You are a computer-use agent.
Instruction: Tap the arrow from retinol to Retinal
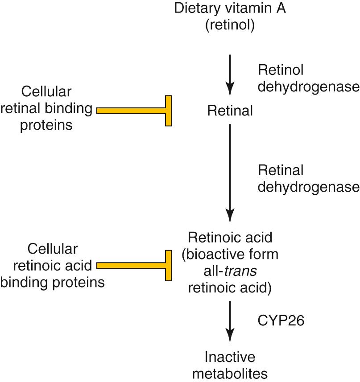click(230, 74)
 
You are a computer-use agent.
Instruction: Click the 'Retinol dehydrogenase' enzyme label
click(308, 78)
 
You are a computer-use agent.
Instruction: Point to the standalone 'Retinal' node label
click(230, 111)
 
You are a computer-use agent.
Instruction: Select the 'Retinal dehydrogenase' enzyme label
click(308, 178)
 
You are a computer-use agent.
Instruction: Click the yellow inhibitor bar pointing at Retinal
click(134, 111)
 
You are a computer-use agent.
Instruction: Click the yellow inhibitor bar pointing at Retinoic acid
click(134, 266)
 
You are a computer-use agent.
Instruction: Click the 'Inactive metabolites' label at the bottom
click(230, 365)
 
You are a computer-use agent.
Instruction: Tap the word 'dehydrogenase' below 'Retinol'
click(308, 86)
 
